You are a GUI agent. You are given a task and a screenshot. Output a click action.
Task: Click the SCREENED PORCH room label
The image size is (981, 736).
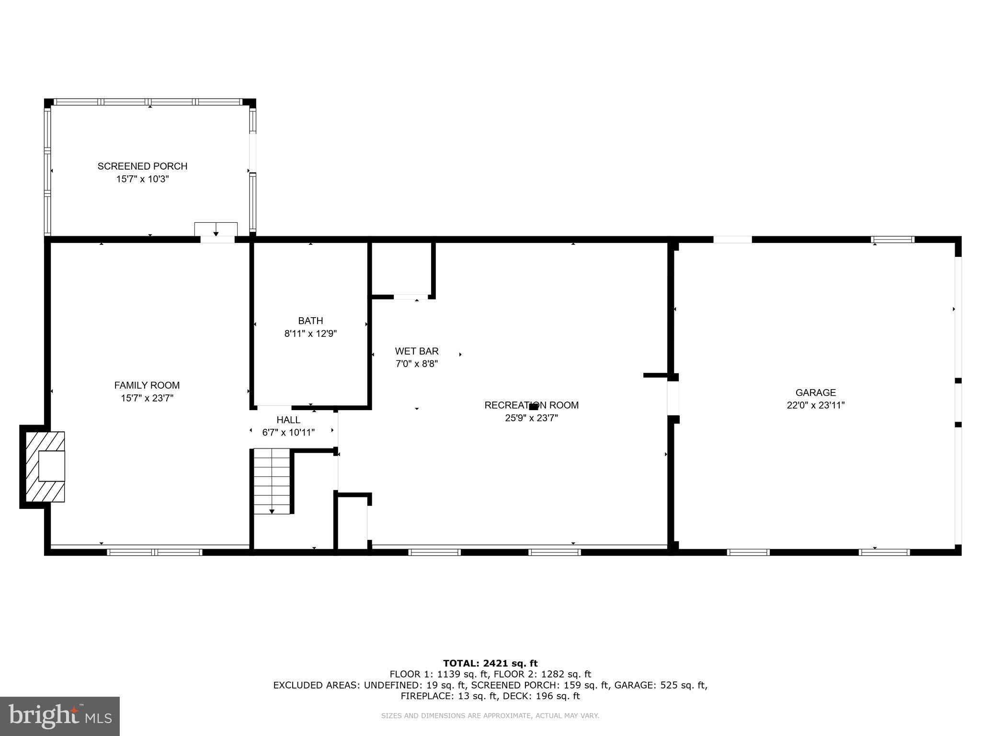click(x=142, y=166)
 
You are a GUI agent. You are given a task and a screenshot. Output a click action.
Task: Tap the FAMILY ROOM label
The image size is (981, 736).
click(x=147, y=385)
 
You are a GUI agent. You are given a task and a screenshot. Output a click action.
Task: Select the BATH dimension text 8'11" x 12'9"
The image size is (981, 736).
click(x=310, y=333)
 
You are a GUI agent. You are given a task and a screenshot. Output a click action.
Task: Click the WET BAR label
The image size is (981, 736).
click(x=417, y=351)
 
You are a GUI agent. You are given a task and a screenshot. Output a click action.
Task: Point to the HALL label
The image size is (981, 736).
click(x=288, y=420)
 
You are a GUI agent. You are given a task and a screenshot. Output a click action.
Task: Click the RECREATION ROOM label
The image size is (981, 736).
click(x=531, y=405)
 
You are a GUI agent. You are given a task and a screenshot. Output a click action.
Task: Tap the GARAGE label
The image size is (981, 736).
click(x=815, y=392)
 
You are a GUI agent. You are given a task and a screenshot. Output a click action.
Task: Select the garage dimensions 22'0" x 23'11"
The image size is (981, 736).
click(x=815, y=405)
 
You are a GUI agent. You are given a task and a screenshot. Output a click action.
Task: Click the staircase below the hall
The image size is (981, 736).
click(x=272, y=481)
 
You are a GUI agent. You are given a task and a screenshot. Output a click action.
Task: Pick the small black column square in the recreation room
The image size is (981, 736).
click(x=533, y=407)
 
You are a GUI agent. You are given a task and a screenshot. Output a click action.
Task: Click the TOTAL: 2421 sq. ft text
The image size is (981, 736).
click(x=490, y=663)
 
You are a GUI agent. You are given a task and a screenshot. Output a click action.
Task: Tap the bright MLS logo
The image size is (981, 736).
click(x=60, y=716)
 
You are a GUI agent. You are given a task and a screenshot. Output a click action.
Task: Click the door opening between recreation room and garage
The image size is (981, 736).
click(x=673, y=398)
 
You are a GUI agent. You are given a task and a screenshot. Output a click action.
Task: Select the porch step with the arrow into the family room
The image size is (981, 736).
click(x=216, y=229)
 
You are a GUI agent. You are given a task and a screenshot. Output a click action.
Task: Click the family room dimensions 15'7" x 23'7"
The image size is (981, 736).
click(x=147, y=398)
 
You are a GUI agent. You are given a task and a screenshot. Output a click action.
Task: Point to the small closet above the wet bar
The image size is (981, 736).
click(x=401, y=269)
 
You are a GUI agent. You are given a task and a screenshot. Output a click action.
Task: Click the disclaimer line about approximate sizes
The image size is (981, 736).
click(x=490, y=716)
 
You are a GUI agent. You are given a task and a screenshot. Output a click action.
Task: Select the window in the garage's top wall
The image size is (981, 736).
click(x=892, y=240)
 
